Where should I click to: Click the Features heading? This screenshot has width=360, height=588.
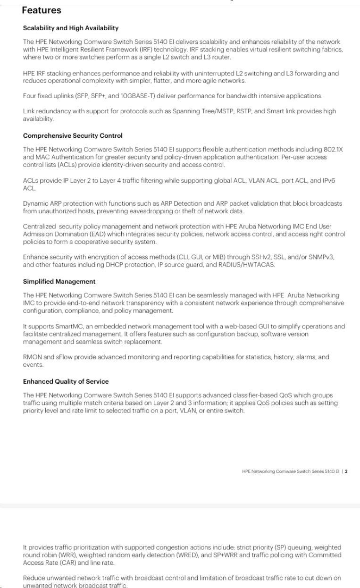pos(42,10)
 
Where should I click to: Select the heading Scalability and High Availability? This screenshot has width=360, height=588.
pos(71,28)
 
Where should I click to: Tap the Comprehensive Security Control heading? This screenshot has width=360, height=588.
pos(73,136)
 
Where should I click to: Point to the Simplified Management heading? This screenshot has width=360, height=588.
pos(59,282)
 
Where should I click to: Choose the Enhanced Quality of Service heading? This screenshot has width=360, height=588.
pos(66,382)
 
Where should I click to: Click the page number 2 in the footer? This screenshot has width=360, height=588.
pos(346,471)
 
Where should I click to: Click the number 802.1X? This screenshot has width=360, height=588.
pos(333,150)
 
